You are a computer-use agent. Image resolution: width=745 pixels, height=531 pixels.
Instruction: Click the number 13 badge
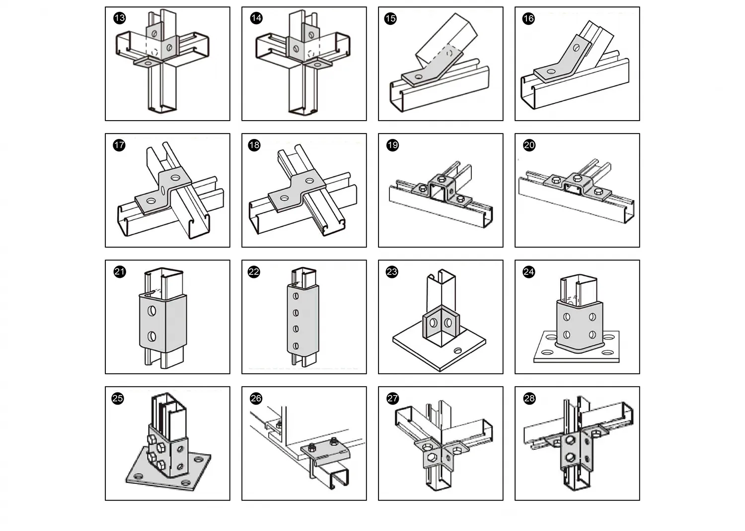point(120,18)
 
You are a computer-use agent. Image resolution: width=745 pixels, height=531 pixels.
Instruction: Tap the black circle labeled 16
point(528,18)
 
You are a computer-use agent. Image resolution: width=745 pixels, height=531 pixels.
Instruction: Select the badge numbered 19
point(392,145)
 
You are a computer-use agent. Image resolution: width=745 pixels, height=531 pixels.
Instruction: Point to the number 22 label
point(254,271)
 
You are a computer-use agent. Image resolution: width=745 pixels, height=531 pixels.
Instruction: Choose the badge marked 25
point(118,398)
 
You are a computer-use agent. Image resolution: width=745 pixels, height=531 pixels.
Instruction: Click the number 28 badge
point(529,398)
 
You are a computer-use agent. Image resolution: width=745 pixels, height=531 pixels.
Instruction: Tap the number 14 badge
point(256,18)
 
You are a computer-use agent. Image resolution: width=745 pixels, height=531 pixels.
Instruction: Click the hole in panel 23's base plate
point(457,351)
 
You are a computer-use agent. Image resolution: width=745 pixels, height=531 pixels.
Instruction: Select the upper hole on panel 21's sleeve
point(152,311)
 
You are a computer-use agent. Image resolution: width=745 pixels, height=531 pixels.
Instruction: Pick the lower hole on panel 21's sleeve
point(151,337)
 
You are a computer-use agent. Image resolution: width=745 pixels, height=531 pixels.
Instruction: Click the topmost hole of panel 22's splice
point(296,296)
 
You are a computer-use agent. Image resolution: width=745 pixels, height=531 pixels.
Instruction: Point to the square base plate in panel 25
point(149,476)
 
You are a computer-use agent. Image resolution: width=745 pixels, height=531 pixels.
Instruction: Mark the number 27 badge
point(392,398)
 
